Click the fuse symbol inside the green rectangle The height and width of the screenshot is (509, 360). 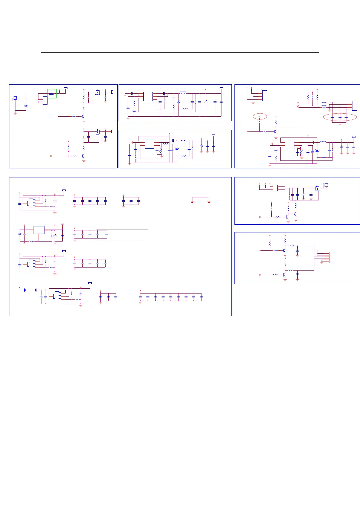(x=51, y=94)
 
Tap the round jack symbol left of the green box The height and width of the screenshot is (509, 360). (x=15, y=98)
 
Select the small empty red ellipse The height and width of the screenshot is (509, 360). (x=260, y=116)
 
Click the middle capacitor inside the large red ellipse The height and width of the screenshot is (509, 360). (x=340, y=117)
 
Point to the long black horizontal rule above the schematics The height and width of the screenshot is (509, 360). (x=180, y=52)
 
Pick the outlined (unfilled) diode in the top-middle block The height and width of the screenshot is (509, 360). (x=178, y=102)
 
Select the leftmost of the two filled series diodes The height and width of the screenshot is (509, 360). (x=25, y=290)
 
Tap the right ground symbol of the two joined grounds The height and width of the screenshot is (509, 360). (x=209, y=202)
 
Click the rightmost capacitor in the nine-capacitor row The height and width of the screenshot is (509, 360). (x=201, y=297)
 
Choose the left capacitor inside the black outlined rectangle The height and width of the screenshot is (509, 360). (x=97, y=234)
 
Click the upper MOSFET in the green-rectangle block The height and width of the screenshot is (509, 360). (x=97, y=92)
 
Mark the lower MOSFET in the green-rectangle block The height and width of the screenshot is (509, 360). (x=97, y=132)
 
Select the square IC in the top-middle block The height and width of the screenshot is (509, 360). (x=148, y=96)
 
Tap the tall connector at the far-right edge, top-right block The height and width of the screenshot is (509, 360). (x=355, y=105)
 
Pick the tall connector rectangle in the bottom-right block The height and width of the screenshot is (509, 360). (x=332, y=257)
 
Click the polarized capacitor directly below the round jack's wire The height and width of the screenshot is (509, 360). (x=26, y=106)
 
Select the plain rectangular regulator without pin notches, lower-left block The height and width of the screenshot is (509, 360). (x=39, y=230)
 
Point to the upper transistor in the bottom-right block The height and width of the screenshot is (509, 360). (x=284, y=251)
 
